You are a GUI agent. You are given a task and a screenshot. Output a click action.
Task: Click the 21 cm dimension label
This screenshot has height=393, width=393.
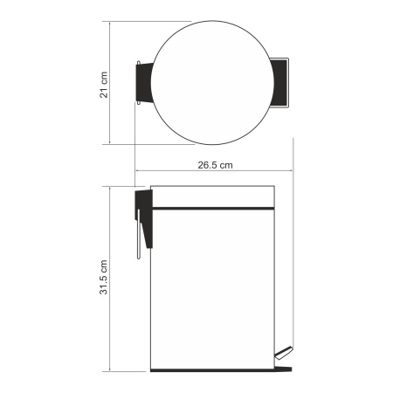(x=104, y=85)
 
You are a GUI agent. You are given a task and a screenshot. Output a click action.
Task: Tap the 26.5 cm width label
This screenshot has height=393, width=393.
(x=215, y=165)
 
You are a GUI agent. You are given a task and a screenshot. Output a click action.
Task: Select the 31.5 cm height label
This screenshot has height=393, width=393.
(x=104, y=277)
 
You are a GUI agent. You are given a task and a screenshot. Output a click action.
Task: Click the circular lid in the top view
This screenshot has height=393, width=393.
(x=212, y=83)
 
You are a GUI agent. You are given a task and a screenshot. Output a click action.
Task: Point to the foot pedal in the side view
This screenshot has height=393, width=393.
(x=284, y=353)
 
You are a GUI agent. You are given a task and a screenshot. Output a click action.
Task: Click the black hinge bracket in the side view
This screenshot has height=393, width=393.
(x=144, y=217)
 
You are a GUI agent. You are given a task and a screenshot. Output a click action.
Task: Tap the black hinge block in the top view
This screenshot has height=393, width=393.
(x=144, y=83)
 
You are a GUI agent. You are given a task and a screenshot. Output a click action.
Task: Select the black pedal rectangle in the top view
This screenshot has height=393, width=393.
(x=279, y=83)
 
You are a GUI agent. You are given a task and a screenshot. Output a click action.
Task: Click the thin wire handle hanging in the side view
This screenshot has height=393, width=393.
(x=139, y=234)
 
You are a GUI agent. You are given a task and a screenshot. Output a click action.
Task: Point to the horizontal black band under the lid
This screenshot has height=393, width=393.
(x=213, y=209)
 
